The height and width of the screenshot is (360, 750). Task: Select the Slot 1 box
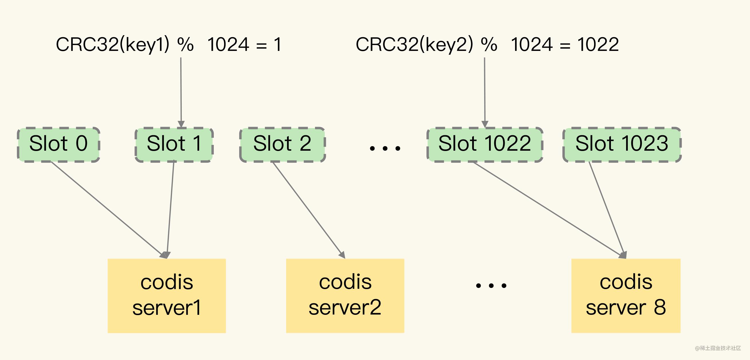click(174, 144)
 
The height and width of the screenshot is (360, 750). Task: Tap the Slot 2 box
click(282, 144)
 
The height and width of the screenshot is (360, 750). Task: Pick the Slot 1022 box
click(484, 144)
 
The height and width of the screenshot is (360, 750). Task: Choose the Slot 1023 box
click(622, 144)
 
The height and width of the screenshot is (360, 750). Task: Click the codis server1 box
click(167, 295)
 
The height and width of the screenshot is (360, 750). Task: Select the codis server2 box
click(345, 295)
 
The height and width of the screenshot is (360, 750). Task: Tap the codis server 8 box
click(626, 295)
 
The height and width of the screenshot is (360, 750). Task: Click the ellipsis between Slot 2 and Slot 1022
click(385, 148)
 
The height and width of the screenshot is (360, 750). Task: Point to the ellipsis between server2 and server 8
click(491, 285)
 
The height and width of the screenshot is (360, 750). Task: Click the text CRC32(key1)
click(112, 45)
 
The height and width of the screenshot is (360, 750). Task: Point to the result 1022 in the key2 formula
click(598, 45)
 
